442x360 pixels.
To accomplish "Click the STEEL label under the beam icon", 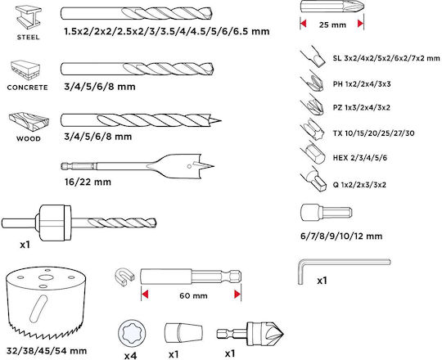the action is tap(28, 37).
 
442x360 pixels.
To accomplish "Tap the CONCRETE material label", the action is tap(27, 88).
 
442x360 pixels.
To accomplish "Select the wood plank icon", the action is tap(29, 122).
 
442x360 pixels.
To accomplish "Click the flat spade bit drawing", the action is tap(138, 166).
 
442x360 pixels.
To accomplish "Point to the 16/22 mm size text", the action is tap(88, 182).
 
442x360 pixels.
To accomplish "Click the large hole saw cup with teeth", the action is tap(45, 302).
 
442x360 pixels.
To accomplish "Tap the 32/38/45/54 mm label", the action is tap(47, 351).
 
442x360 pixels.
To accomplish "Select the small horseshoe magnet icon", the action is tap(124, 276).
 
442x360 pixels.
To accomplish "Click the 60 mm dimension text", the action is tap(193, 296).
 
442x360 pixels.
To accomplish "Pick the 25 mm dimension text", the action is tap(332, 25).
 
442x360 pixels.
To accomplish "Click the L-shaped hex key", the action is tap(344, 271).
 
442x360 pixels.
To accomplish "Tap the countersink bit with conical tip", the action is tap(250, 334).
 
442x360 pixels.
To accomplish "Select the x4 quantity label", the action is tap(130, 356).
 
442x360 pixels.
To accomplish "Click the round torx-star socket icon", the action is tap(132, 334).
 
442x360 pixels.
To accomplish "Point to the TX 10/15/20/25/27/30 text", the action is tap(373, 133).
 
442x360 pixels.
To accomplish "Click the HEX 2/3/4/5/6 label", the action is tap(360, 158).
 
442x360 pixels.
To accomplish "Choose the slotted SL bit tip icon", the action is tap(313, 56).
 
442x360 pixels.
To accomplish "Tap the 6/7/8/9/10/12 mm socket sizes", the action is tap(341, 236).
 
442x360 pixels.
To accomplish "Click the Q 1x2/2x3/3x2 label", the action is tap(359, 185).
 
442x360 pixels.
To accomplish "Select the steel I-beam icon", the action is tap(28, 18).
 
